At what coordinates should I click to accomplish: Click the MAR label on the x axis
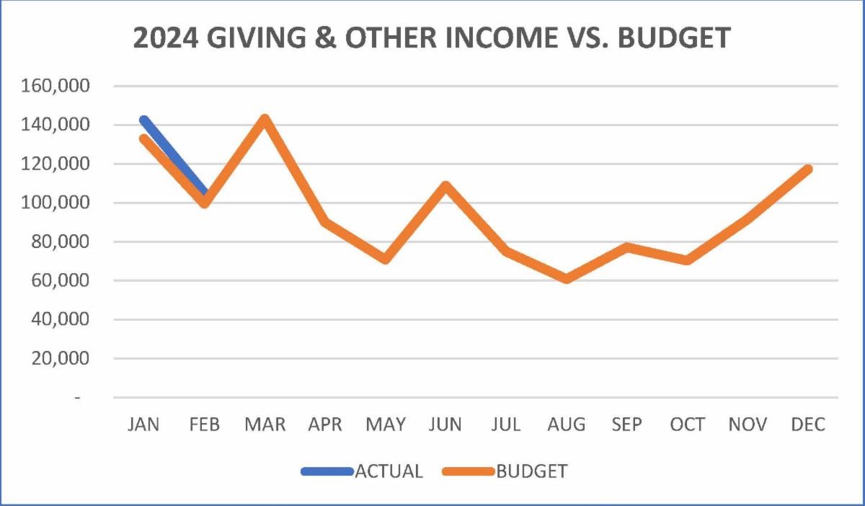pos(265,425)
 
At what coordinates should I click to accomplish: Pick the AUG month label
pos(566,425)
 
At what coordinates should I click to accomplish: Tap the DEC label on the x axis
pos(807,425)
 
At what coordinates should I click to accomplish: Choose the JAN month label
pos(144,425)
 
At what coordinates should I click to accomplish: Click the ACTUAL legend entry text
pos(389,471)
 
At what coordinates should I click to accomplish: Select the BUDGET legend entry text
pos(532,471)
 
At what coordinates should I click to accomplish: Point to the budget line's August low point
pos(567,278)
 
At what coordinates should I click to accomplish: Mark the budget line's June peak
pos(445,186)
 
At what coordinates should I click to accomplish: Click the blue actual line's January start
pos(144,120)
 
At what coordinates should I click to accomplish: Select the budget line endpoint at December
pos(807,169)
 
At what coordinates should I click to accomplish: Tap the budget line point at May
pos(386,259)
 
